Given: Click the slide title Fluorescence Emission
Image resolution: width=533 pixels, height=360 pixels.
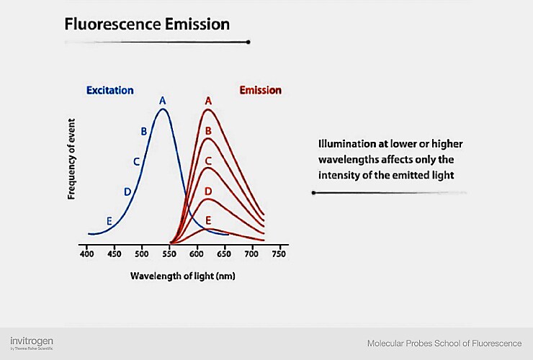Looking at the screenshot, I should click(147, 24).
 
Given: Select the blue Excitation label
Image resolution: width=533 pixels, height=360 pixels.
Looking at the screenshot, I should click(109, 90).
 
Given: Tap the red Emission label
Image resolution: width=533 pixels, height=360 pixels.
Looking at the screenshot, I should click(260, 90).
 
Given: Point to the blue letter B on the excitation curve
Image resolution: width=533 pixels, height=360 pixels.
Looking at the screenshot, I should click(144, 131).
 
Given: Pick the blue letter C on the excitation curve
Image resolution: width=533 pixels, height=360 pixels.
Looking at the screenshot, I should click(136, 162).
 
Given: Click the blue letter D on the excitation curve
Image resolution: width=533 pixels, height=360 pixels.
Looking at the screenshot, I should click(127, 192).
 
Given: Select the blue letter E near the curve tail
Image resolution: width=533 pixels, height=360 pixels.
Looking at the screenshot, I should click(109, 221).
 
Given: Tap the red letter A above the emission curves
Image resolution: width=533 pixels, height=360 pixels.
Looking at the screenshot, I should click(208, 101).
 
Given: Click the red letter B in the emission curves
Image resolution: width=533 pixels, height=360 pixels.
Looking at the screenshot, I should click(208, 130).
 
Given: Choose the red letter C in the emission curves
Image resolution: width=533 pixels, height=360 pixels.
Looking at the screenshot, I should click(208, 161).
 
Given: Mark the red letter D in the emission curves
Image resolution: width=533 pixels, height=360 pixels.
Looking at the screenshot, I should click(208, 191).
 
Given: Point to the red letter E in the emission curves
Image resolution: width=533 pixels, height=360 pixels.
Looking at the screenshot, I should click(208, 220).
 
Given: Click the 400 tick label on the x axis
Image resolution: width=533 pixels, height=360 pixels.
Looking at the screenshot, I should click(86, 255).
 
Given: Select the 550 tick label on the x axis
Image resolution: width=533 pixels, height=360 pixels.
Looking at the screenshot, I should click(169, 255).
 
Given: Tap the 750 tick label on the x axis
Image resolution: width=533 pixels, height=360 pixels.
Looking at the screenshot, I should click(279, 255).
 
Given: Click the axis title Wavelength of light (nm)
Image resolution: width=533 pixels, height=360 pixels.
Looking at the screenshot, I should click(183, 276).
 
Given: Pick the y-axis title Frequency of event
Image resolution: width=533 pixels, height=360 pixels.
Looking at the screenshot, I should click(72, 159).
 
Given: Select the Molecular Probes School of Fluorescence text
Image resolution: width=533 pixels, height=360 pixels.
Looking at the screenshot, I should click(444, 343).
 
